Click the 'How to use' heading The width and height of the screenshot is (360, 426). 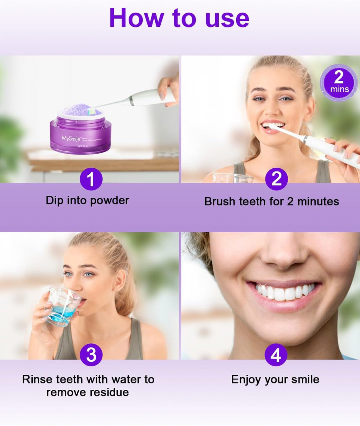(179, 18)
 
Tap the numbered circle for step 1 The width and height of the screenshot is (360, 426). (91, 179)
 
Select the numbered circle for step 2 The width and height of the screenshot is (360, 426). (276, 179)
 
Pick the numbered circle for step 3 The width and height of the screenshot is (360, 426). (91, 355)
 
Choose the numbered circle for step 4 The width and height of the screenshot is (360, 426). (276, 355)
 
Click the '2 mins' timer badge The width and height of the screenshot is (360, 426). (339, 83)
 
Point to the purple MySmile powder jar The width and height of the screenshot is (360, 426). (81, 134)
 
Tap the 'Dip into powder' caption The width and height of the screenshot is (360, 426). (88, 200)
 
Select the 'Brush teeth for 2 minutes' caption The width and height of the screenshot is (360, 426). (271, 201)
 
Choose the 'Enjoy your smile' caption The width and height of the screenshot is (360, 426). (275, 380)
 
